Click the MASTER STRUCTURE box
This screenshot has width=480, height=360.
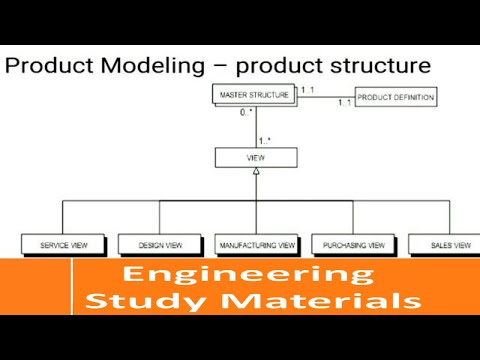click(x=254, y=95)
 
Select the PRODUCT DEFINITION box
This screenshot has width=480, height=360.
click(x=395, y=98)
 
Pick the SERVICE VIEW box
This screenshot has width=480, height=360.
click(x=63, y=243)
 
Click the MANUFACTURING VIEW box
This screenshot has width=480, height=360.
click(x=255, y=243)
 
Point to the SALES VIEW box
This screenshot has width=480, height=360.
click(x=442, y=243)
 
